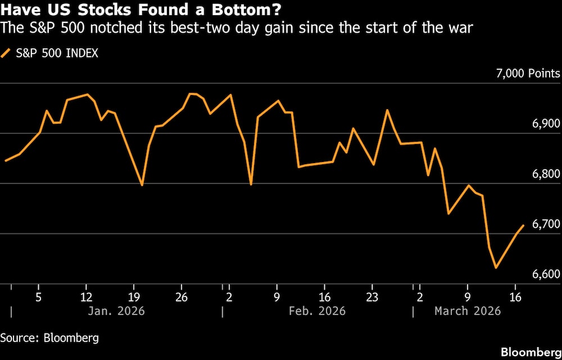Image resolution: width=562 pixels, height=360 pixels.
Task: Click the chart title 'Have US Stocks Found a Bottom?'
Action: point(141,10)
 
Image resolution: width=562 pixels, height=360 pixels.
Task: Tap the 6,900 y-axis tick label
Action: point(544,124)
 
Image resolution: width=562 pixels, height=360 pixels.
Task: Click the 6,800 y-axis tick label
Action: point(544,174)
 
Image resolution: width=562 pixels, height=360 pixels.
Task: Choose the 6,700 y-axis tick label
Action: point(544,224)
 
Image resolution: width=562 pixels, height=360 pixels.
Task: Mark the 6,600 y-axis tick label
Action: point(544,274)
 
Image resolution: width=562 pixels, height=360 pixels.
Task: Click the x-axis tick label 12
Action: point(85,296)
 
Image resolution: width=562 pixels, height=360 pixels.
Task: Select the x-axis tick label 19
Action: point(133,296)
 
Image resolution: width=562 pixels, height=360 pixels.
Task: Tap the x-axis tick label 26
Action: point(181,296)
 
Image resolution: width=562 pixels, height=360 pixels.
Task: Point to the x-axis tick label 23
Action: point(372,296)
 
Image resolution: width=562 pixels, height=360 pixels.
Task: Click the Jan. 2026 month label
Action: point(117,311)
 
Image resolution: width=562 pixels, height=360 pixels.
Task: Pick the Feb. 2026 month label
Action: point(318,311)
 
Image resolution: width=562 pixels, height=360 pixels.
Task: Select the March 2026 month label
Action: point(467,311)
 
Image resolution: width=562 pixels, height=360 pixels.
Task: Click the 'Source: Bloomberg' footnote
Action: point(49,338)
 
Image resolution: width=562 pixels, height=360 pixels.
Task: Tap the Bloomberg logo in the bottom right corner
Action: point(531,352)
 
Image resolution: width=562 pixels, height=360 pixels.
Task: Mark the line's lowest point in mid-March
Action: point(496,268)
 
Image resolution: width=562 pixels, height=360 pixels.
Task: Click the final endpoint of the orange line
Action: point(524,226)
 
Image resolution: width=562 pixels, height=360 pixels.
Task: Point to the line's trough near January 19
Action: point(142,185)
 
